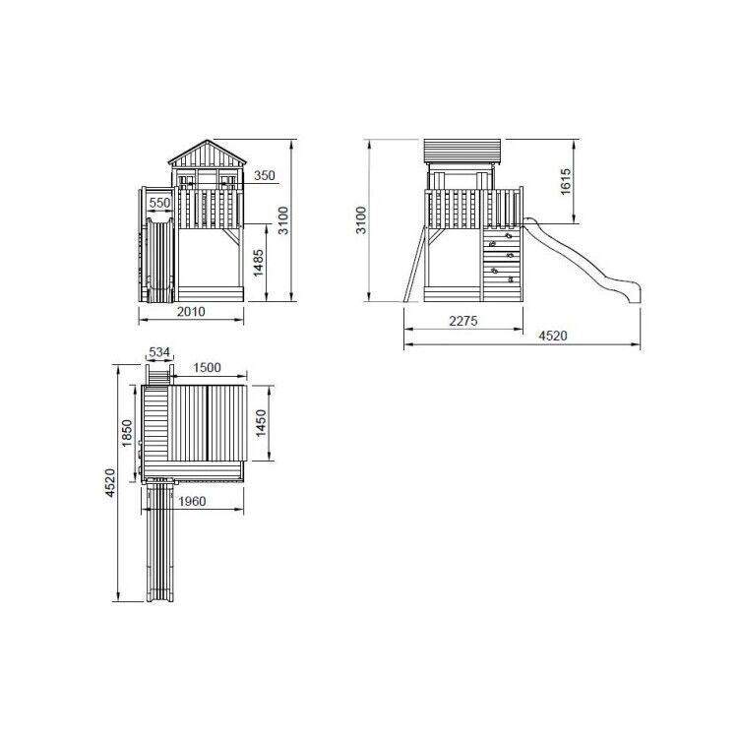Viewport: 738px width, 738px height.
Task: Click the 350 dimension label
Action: (x=264, y=175)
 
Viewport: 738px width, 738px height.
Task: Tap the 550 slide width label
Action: (x=159, y=203)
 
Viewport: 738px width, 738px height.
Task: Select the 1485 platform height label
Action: (x=259, y=263)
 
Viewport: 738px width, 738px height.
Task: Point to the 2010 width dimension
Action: (x=191, y=312)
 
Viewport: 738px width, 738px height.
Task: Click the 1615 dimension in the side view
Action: (x=565, y=181)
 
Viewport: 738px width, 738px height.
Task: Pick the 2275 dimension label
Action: (x=463, y=321)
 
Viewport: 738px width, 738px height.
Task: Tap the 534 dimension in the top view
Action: (x=159, y=352)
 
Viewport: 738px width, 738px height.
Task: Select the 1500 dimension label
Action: (x=207, y=367)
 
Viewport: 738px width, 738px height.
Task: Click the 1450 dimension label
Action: (x=261, y=423)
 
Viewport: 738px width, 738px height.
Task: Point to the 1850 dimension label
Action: (x=127, y=433)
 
